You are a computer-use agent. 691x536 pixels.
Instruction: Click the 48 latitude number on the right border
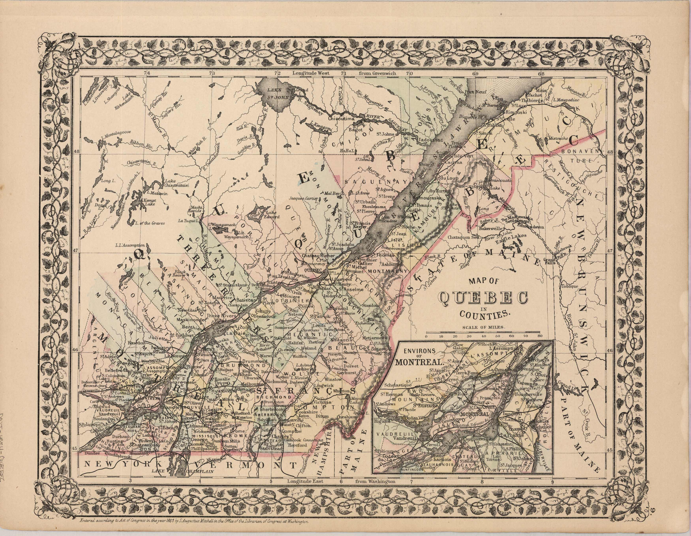610,152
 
